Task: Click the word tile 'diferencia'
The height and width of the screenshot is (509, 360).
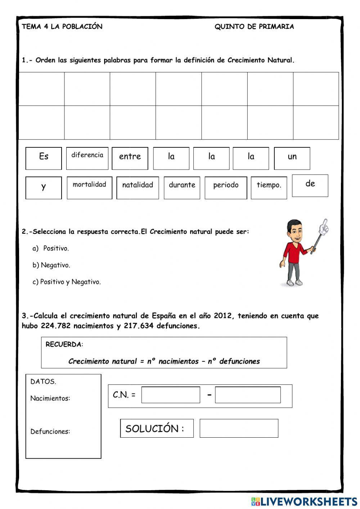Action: tap(87, 158)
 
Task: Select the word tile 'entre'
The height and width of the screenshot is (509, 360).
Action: tap(130, 158)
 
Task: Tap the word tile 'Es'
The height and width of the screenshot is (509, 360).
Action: tap(44, 158)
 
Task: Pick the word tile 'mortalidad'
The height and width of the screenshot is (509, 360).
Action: tap(89, 188)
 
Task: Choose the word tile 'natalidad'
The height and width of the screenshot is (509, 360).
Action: tap(138, 188)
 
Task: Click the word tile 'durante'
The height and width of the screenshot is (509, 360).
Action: tap(182, 188)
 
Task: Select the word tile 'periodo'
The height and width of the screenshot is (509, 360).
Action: tap(226, 188)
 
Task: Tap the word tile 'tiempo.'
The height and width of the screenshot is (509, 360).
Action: tap(269, 188)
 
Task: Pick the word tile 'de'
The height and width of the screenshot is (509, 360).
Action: tap(310, 186)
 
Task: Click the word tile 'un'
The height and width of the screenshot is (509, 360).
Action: tap(292, 158)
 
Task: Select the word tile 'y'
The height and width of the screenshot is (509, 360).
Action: tap(44, 188)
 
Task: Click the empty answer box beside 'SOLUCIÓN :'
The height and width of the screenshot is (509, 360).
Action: tap(239, 428)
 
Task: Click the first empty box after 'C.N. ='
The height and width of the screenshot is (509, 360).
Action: tap(171, 395)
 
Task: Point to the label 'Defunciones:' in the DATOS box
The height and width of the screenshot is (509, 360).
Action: tap(50, 432)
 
